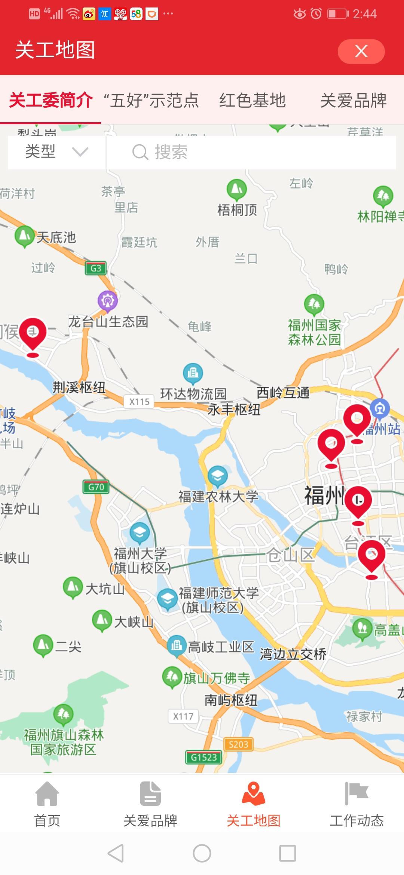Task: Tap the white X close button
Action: click(x=361, y=51)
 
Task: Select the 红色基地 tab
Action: click(x=252, y=100)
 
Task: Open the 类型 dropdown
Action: click(x=56, y=152)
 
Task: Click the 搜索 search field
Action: click(x=251, y=152)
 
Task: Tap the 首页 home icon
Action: click(x=47, y=794)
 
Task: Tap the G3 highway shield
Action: click(x=96, y=268)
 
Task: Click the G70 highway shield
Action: click(x=96, y=487)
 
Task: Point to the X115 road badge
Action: click(x=139, y=402)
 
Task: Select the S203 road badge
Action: click(x=238, y=744)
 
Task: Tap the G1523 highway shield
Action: click(x=204, y=757)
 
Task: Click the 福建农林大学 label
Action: click(x=218, y=497)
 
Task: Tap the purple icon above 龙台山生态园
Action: click(x=108, y=301)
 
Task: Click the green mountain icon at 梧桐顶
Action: click(x=237, y=189)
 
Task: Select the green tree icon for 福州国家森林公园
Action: click(x=314, y=304)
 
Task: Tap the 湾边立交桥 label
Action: click(x=293, y=654)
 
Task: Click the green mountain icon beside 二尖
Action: click(x=43, y=645)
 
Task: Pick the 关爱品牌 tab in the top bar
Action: click(x=353, y=100)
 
